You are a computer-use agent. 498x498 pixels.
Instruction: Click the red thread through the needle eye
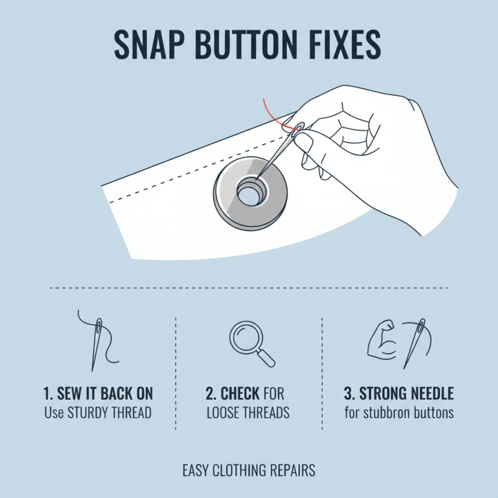274,115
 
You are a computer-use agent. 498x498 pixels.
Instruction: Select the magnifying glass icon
251,343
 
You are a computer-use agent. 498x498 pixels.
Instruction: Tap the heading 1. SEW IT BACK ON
99,394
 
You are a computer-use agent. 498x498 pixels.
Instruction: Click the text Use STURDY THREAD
98,413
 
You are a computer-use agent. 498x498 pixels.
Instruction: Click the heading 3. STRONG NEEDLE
398,394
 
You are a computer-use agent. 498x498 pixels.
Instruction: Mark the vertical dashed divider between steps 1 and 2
177,374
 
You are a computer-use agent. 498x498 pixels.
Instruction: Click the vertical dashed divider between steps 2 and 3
322,374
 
